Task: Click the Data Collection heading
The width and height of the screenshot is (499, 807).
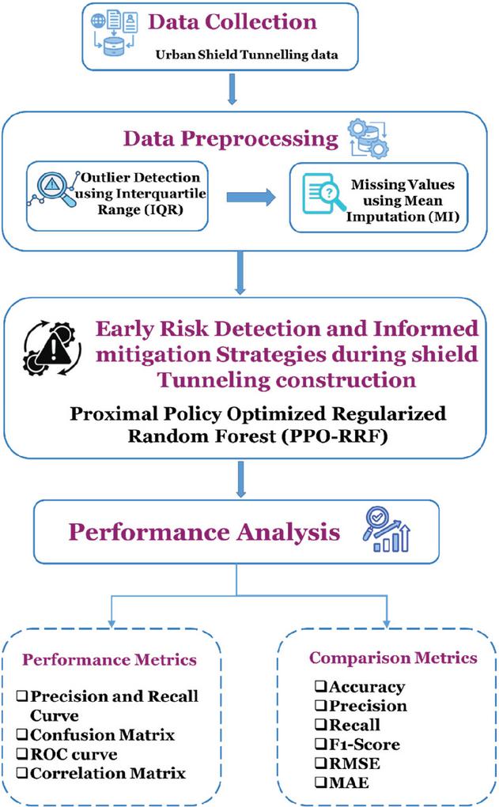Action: (x=232, y=22)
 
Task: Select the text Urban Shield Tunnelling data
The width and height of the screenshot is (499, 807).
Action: (x=247, y=55)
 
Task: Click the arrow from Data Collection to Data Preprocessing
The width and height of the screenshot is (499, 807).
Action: (x=232, y=89)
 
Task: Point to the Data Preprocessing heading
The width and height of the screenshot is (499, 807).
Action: (x=231, y=139)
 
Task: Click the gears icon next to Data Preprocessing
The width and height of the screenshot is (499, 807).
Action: (x=369, y=138)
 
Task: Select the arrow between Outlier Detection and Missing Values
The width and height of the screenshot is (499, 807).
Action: (x=251, y=197)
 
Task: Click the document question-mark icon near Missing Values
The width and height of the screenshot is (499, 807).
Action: (x=323, y=193)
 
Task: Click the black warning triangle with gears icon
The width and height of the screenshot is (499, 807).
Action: (x=52, y=349)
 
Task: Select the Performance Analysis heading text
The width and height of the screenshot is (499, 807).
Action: (x=204, y=532)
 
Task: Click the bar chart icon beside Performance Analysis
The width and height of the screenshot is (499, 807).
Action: (x=386, y=530)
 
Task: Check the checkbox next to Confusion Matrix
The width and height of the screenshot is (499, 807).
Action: (x=22, y=734)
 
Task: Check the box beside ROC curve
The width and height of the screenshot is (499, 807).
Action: (x=22, y=754)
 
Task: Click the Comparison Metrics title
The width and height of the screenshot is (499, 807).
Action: (x=394, y=658)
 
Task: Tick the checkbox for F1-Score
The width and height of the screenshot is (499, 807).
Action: (x=321, y=745)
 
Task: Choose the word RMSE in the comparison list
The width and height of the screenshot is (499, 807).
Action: (x=354, y=764)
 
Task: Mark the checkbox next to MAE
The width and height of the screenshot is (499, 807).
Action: (x=321, y=782)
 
